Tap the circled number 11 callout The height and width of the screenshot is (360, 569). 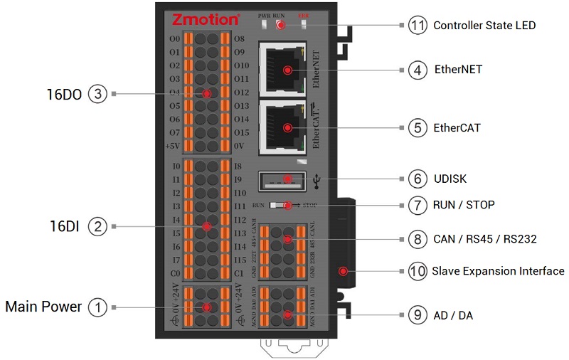pos(418,25)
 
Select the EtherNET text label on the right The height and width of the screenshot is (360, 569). pos(457,70)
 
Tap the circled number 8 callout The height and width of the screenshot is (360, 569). pos(418,238)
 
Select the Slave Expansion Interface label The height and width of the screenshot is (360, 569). pos(498,271)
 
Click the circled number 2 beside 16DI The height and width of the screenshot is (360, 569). pos(97,226)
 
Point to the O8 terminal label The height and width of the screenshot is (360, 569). pos(240,38)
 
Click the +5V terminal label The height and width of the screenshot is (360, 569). pos(173,146)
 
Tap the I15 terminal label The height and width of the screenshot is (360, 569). pos(240,260)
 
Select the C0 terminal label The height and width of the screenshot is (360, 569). pos(175,273)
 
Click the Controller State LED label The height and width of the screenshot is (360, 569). pos(484,25)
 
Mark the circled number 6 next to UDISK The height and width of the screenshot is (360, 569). pos(418,179)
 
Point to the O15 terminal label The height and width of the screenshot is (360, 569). pos(241,132)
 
